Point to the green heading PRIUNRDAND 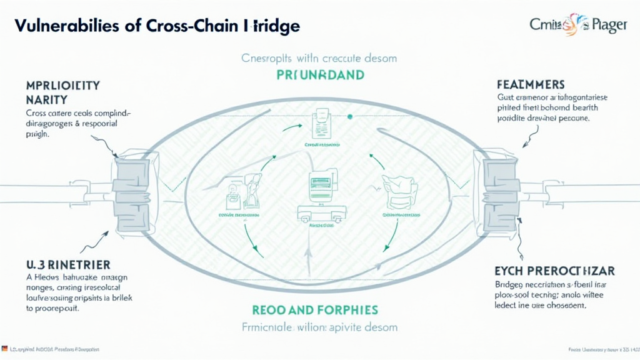pos(320,74)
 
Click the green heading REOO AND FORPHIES pos(316,310)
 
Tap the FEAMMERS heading pos(531,84)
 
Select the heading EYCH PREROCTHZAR pos(554,271)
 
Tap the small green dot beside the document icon pos(350,117)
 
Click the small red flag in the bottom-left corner pos(5,349)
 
